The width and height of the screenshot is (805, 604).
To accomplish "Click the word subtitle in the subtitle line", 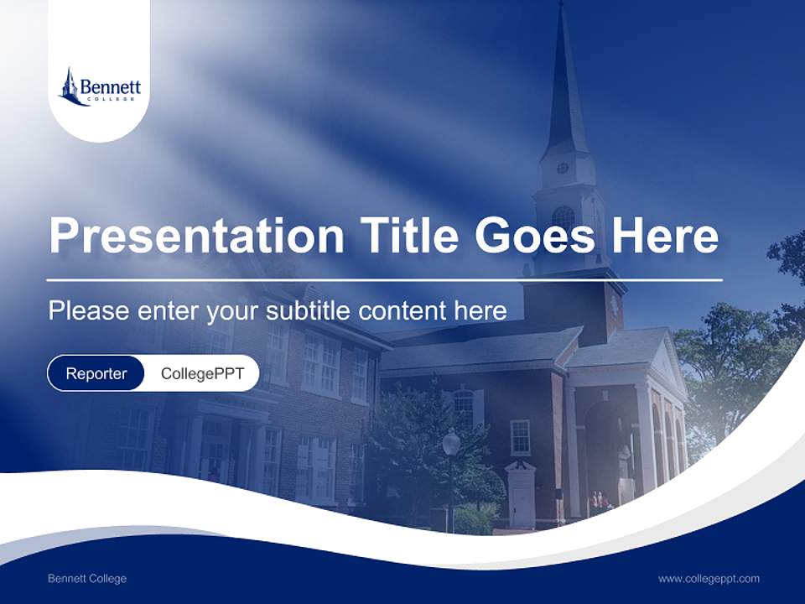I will [308, 310].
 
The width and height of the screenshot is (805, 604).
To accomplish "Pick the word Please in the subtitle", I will [88, 310].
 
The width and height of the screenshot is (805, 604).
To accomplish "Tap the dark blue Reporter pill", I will [96, 373].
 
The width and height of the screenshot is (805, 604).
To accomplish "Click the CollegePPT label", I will [202, 373].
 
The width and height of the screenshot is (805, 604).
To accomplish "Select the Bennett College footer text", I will [87, 578].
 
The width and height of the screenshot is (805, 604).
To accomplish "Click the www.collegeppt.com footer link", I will [709, 578].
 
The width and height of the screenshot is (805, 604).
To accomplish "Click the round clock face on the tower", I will [563, 168].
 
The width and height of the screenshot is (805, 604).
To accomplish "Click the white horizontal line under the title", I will [385, 279].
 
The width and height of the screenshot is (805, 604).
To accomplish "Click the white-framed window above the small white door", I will [520, 436].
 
